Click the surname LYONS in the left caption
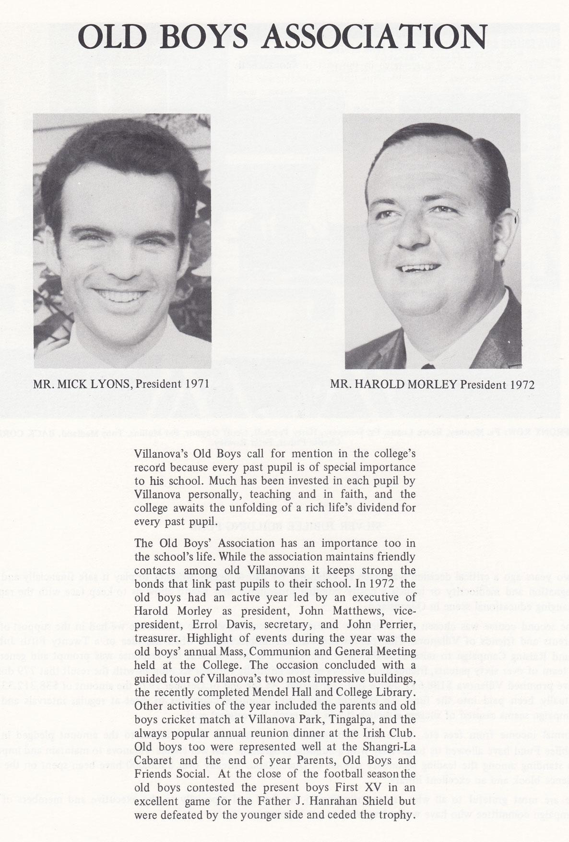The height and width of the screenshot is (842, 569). (111, 384)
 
